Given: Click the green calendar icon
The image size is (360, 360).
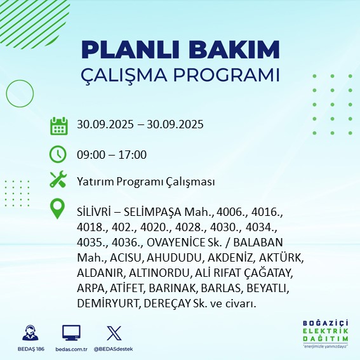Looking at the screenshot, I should tap(58, 125).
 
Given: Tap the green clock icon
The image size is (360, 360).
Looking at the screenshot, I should tap(58, 154).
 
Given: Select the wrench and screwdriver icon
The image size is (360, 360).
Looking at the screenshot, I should tap(58, 181).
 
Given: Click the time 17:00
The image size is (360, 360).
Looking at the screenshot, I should tap(133, 154).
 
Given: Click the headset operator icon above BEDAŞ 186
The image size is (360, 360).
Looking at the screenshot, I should tap(28, 333).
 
